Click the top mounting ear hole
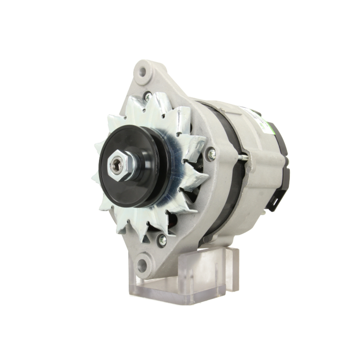(x=143, y=71)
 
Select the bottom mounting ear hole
(x=143, y=266)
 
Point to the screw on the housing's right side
(x=212, y=155)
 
